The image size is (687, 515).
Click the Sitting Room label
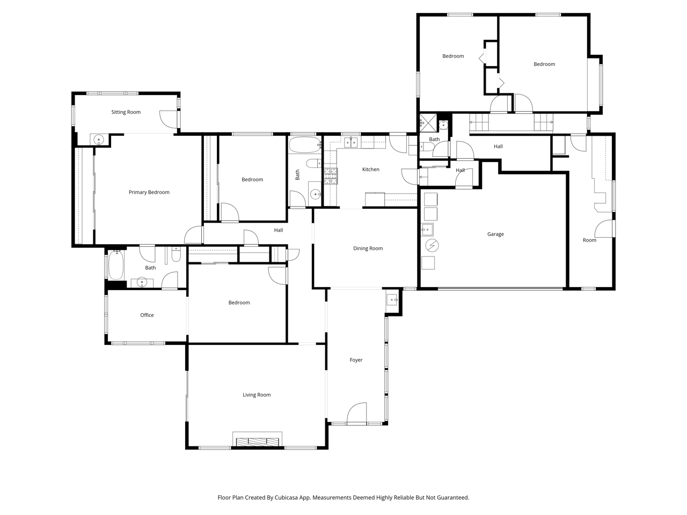[126, 112]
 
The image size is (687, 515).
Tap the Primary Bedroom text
[149, 192]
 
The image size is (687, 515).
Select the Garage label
[495, 234]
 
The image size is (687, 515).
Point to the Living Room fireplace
[257, 442]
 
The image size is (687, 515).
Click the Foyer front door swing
[357, 413]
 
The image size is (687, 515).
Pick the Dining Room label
[368, 248]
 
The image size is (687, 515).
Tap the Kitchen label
[370, 169]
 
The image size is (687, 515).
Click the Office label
[147, 315]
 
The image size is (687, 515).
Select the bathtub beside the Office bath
[116, 265]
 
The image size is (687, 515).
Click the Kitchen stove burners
[331, 176]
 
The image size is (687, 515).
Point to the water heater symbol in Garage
[432, 246]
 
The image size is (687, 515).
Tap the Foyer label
[356, 360]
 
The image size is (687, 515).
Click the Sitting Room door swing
[169, 119]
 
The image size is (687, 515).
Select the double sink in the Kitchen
[351, 142]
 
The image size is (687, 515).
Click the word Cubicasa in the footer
[287, 497]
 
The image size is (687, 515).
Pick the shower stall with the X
[428, 122]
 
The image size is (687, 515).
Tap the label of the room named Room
[589, 240]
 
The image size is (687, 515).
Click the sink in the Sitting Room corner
[99, 139]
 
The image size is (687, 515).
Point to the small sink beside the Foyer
[392, 299]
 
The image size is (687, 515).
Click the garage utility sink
[427, 230]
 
